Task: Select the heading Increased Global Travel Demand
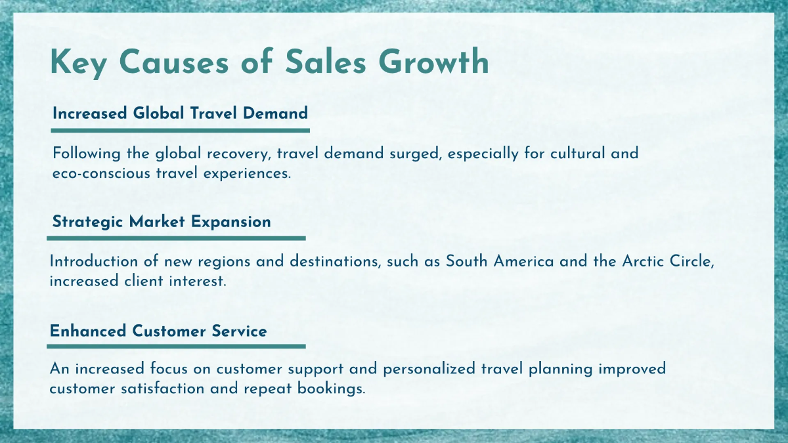point(180,113)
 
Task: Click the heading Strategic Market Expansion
point(162,222)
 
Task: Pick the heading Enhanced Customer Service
point(158,331)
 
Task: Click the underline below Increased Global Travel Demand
point(181,131)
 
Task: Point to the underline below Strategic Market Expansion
point(178,238)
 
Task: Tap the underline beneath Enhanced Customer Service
point(177,346)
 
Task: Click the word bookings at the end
point(334,389)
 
